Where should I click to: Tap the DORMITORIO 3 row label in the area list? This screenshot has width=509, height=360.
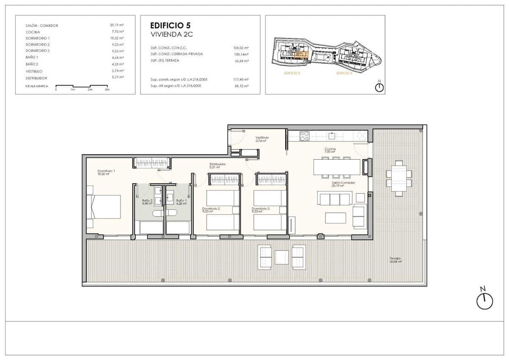click(38, 51)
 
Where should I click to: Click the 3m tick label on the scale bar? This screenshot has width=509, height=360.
click(107, 90)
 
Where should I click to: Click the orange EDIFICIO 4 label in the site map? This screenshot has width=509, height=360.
click(344, 73)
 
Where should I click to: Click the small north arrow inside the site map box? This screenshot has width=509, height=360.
click(379, 87)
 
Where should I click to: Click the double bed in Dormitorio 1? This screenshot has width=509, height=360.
click(104, 207)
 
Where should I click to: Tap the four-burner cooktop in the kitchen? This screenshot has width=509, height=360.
click(305, 136)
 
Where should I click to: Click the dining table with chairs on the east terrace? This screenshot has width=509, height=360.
click(399, 178)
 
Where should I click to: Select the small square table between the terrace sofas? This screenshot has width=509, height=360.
click(282, 257)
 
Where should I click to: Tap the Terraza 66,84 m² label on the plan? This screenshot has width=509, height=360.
click(395, 260)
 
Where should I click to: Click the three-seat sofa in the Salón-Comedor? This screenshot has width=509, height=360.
click(335, 198)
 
